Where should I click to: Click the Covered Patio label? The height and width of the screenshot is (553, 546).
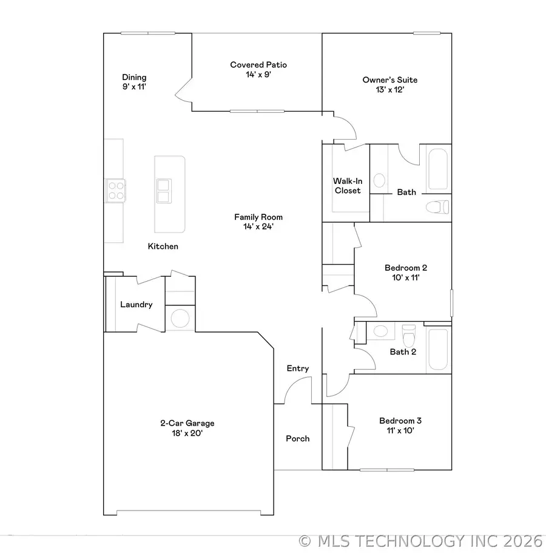[x=258, y=70]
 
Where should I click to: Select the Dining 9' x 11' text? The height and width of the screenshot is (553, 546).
[x=134, y=82]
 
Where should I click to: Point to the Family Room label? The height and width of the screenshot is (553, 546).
[x=258, y=222]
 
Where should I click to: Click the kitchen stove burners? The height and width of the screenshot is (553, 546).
[x=115, y=191]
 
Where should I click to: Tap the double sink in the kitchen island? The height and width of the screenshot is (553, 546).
[x=164, y=190]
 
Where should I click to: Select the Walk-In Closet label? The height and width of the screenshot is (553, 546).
[x=346, y=186]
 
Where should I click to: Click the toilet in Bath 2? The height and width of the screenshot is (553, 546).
[x=409, y=334]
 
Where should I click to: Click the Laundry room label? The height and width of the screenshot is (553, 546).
[x=136, y=305]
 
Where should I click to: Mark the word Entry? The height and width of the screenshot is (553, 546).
[x=298, y=368]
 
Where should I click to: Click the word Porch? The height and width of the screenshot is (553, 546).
[x=298, y=438]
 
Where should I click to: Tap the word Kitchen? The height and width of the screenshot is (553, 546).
[x=163, y=246]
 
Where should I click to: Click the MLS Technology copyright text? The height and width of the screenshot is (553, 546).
[x=421, y=540]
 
